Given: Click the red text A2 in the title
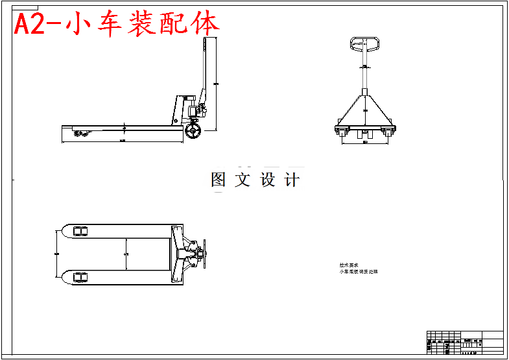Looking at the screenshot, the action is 30,24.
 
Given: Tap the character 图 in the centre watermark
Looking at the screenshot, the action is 219,180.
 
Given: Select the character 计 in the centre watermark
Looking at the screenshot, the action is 292,180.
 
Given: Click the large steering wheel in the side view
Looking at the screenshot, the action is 193,132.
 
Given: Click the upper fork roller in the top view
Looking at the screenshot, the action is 80,232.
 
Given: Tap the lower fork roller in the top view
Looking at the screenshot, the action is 80,277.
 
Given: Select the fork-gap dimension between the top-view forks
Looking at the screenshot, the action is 125,254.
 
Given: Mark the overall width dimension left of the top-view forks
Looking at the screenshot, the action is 56,254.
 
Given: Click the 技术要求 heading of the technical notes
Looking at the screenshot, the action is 348,265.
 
